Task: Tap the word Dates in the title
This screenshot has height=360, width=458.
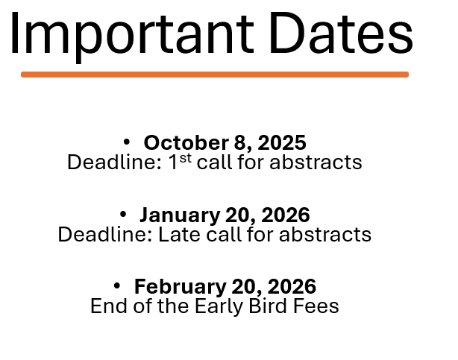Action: [x=341, y=33]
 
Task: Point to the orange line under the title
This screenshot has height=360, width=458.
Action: [x=215, y=75]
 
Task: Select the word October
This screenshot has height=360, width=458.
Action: [x=186, y=142]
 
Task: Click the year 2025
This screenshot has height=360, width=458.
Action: [x=282, y=143]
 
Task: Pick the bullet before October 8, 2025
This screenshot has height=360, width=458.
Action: [x=127, y=142]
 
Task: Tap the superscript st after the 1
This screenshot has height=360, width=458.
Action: [x=186, y=158]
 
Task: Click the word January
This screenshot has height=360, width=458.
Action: [x=180, y=215]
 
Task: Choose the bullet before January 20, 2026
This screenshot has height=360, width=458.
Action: [x=123, y=215]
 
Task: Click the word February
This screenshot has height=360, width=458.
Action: [x=181, y=287]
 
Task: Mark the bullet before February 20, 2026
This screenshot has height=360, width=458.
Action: [x=117, y=286]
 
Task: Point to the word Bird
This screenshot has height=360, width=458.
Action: [x=268, y=306]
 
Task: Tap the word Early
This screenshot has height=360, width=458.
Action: [x=219, y=306]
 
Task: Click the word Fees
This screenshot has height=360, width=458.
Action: [x=316, y=306]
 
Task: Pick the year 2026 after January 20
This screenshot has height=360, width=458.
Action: [x=286, y=215]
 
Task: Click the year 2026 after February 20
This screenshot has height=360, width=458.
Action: [x=292, y=286]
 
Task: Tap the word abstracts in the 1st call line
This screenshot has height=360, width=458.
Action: [x=316, y=162]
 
